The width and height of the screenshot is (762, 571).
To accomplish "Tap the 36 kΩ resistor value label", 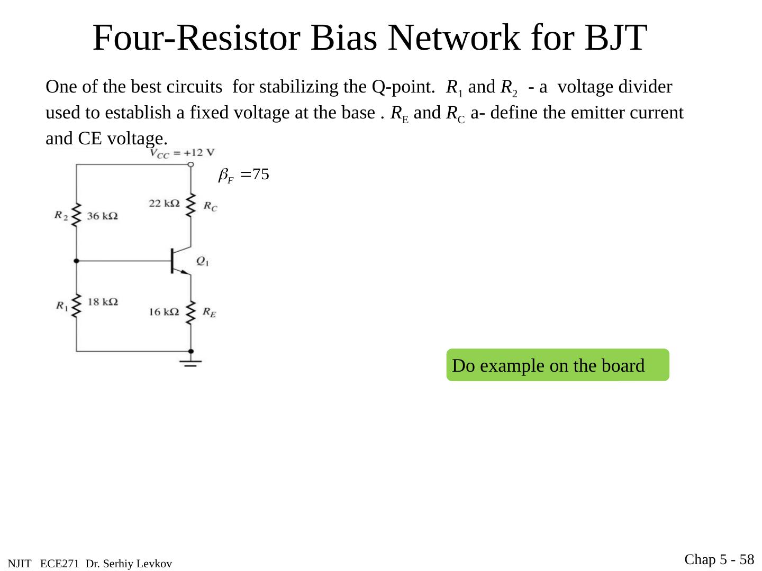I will tap(102, 216).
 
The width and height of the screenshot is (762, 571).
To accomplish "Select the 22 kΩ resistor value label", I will tap(164, 203).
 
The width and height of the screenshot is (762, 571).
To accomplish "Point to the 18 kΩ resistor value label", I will tap(102, 302).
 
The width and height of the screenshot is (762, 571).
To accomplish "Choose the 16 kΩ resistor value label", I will tap(164, 312).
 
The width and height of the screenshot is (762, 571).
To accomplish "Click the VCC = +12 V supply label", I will tap(183, 153).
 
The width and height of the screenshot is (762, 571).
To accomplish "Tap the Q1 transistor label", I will tap(202, 261).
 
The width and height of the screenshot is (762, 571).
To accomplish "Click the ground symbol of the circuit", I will tap(190, 363).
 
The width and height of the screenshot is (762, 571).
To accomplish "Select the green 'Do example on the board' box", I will tap(558, 365).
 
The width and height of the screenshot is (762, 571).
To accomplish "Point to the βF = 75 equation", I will tap(244, 175).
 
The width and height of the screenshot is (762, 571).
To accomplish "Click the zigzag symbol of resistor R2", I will tap(76, 215).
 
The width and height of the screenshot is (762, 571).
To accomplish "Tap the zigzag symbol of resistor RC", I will tap(191, 205).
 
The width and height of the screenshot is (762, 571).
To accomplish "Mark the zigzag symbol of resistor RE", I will tap(191, 312).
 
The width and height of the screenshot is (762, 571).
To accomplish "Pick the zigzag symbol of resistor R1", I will tap(76, 305).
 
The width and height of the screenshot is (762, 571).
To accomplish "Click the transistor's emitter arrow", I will tap(184, 272).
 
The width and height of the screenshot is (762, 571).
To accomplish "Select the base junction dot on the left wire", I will tap(76, 261).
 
